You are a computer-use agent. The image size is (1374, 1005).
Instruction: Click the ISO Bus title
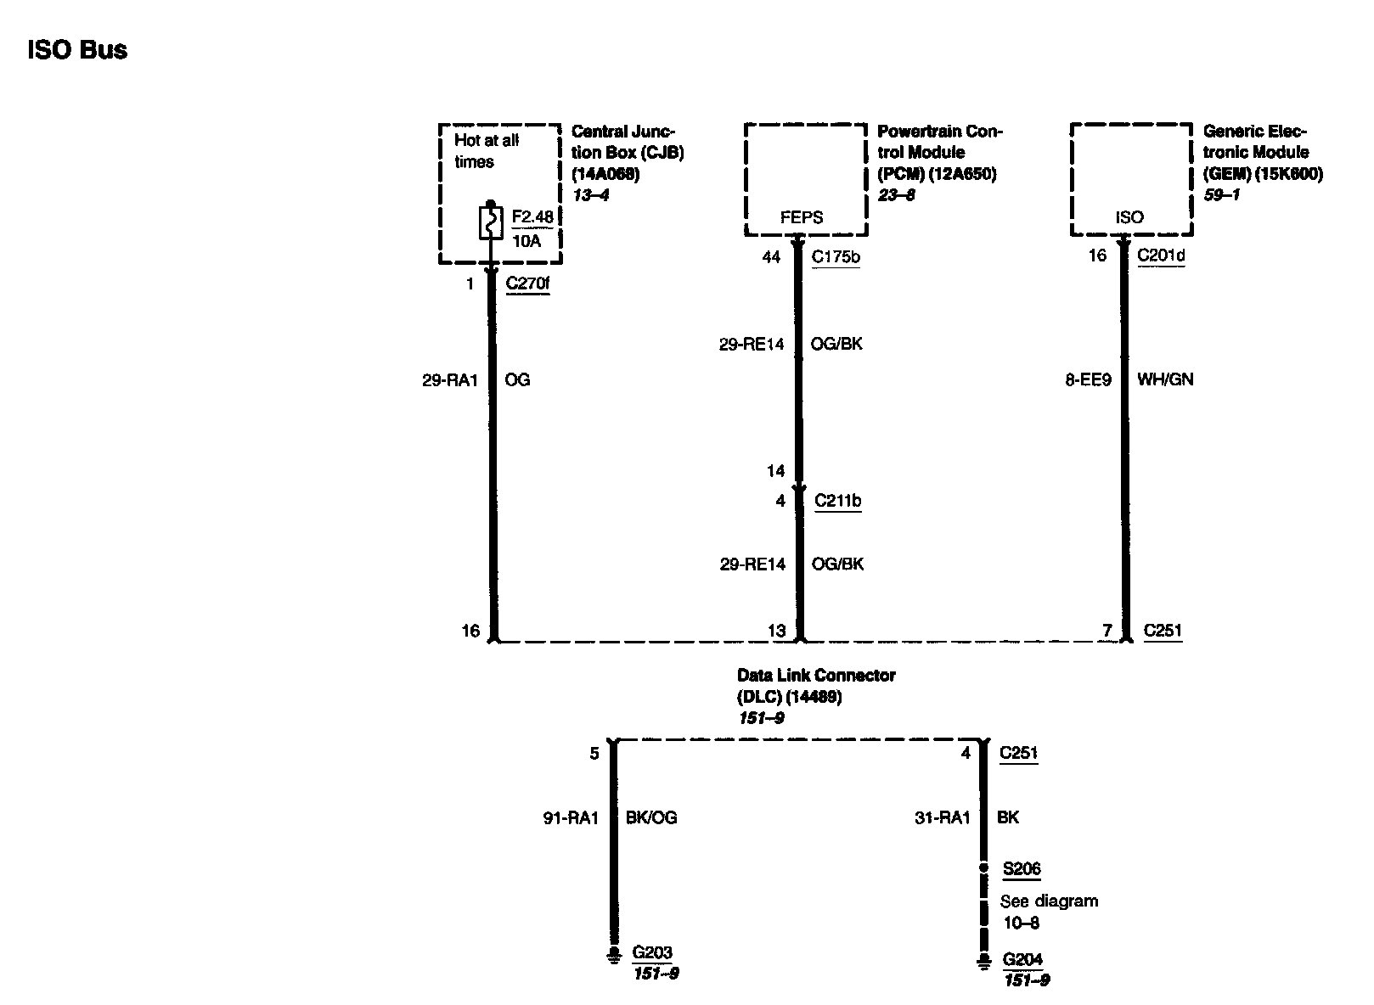[x=77, y=50]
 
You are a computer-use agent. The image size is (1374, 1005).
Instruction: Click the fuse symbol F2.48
[x=490, y=223]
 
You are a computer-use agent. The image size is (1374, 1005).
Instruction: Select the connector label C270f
[x=527, y=284]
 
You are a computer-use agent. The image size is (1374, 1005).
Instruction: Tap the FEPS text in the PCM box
[x=802, y=217]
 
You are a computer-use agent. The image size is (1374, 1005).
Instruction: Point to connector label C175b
[x=836, y=256]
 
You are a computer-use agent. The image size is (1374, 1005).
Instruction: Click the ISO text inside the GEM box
[x=1129, y=217]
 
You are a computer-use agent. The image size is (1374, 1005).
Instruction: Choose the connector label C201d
[x=1161, y=255]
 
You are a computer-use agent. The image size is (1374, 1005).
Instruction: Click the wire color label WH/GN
[x=1165, y=380]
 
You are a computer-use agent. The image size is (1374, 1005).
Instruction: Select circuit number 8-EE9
[x=1088, y=380]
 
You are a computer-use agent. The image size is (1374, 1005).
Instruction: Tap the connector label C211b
[x=837, y=501]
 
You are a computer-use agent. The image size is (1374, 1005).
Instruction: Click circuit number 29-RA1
[x=449, y=380]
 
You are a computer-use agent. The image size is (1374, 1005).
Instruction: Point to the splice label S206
[x=1022, y=868]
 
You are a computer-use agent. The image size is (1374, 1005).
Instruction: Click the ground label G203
[x=652, y=953]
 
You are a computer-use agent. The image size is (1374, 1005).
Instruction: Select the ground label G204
[x=1022, y=960]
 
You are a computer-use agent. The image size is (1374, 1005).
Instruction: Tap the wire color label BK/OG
[x=651, y=818]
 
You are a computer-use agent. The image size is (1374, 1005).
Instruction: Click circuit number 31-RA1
[x=943, y=817]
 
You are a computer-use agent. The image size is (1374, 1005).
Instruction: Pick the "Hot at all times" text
[x=486, y=151]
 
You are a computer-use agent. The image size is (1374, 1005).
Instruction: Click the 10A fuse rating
[x=527, y=240]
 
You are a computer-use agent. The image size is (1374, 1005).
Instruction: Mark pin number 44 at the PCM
[x=771, y=256]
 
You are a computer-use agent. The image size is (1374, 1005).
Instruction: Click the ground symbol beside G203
[x=612, y=957]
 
